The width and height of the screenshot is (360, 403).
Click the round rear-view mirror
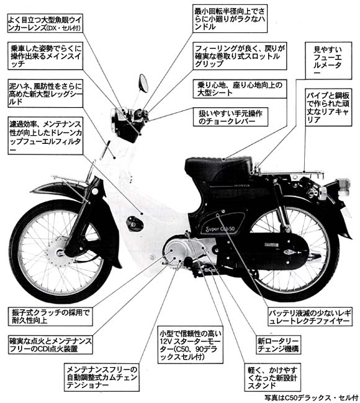[x=143, y=83]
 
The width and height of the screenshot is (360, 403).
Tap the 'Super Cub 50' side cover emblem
[x=220, y=229]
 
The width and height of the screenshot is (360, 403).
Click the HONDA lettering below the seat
[x=241, y=185]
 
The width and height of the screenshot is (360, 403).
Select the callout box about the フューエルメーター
[x=328, y=61]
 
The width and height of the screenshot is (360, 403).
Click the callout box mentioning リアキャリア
[x=328, y=107]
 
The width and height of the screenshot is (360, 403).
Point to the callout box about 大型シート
[x=240, y=89]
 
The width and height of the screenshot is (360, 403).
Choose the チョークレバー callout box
[x=230, y=117]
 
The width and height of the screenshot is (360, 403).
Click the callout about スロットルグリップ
[x=240, y=56]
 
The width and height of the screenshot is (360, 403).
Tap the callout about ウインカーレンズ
[x=45, y=23]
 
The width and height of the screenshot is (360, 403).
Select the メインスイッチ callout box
[x=45, y=56]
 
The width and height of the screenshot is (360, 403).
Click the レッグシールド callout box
[x=45, y=94]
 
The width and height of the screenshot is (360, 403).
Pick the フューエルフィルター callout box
[x=45, y=136]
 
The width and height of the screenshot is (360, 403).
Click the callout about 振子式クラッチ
[x=50, y=316]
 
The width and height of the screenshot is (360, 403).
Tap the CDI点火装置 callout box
[x=50, y=345]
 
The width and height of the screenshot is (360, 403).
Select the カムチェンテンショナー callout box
[x=102, y=378]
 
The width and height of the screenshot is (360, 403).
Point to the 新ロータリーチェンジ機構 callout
[x=278, y=345]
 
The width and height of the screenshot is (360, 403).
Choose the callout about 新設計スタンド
[x=272, y=378]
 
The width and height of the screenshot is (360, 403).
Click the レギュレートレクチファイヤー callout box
[x=310, y=316]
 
